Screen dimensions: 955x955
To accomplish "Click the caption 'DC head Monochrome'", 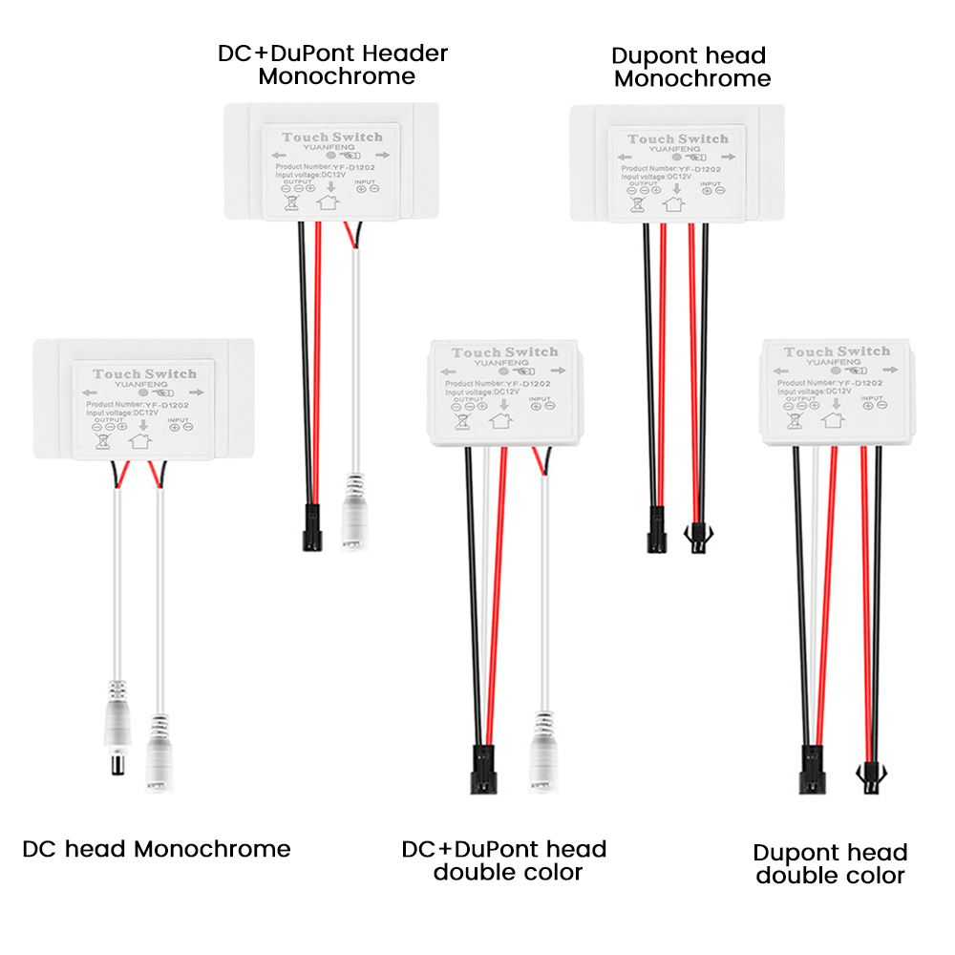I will click(x=157, y=848).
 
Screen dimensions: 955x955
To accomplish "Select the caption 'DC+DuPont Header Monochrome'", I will click(x=333, y=64).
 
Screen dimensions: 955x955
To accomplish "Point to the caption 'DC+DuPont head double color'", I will click(x=504, y=859).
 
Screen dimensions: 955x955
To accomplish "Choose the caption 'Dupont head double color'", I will click(x=830, y=863).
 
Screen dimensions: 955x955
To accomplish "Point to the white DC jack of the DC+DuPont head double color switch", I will click(x=544, y=759).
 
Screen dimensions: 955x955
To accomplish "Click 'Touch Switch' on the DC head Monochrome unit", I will click(x=145, y=374).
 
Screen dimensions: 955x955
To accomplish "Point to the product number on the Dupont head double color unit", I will click(x=829, y=381).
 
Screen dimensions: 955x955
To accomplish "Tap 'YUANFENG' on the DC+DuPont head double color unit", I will click(x=503, y=364).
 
